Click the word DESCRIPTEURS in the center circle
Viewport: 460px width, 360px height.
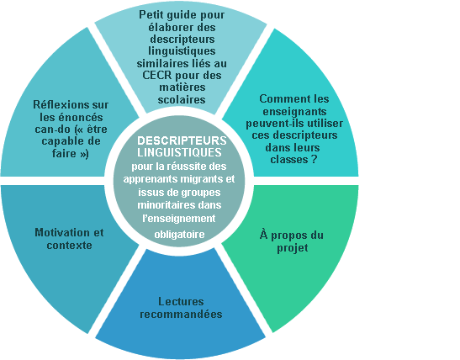click(182, 140)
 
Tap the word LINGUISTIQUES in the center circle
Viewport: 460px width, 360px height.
click(179, 152)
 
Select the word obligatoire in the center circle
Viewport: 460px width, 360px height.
click(179, 235)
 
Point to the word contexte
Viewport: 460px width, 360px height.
click(69, 245)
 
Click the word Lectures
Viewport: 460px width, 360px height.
click(181, 301)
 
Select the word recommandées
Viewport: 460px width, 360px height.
click(181, 314)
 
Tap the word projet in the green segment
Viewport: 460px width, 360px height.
click(293, 248)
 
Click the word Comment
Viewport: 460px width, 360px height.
click(280, 99)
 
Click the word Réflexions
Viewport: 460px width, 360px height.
click(57, 105)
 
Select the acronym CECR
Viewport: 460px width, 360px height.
click(157, 75)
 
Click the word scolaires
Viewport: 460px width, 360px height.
click(182, 99)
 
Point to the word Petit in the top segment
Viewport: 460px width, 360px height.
click(151, 14)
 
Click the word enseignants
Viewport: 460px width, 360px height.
click(294, 112)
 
